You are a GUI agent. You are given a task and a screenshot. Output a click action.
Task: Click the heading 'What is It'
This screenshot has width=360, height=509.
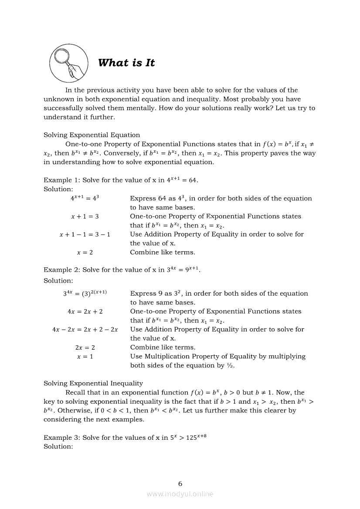pos(126,63)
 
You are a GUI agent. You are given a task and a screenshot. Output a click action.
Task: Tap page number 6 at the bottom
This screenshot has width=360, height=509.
pos(180,484)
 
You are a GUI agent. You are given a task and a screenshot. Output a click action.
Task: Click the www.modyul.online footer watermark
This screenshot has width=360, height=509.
pos(180,494)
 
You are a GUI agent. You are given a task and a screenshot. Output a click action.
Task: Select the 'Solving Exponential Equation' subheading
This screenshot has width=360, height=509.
pos(92,135)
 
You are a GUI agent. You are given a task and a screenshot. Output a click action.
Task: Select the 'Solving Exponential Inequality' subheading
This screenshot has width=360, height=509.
pos(93,383)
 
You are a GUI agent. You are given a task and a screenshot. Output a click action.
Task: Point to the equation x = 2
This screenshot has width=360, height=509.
pos(85,253)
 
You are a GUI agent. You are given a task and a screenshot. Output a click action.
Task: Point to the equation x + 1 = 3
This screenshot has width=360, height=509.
pos(85,216)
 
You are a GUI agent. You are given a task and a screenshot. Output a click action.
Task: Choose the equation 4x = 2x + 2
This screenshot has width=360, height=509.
pos(85,312)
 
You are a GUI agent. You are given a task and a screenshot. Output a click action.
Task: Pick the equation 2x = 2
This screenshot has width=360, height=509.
pos(85,347)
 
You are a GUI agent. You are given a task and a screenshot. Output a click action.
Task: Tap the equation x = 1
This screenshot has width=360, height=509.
pos(85,357)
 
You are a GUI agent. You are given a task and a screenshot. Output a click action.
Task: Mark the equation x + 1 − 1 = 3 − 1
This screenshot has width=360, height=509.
pos(85,235)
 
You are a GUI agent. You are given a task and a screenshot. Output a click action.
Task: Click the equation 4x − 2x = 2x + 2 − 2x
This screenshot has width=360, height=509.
pos(85,330)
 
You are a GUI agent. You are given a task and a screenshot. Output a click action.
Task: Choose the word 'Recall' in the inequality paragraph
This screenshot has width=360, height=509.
pos(76,392)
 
